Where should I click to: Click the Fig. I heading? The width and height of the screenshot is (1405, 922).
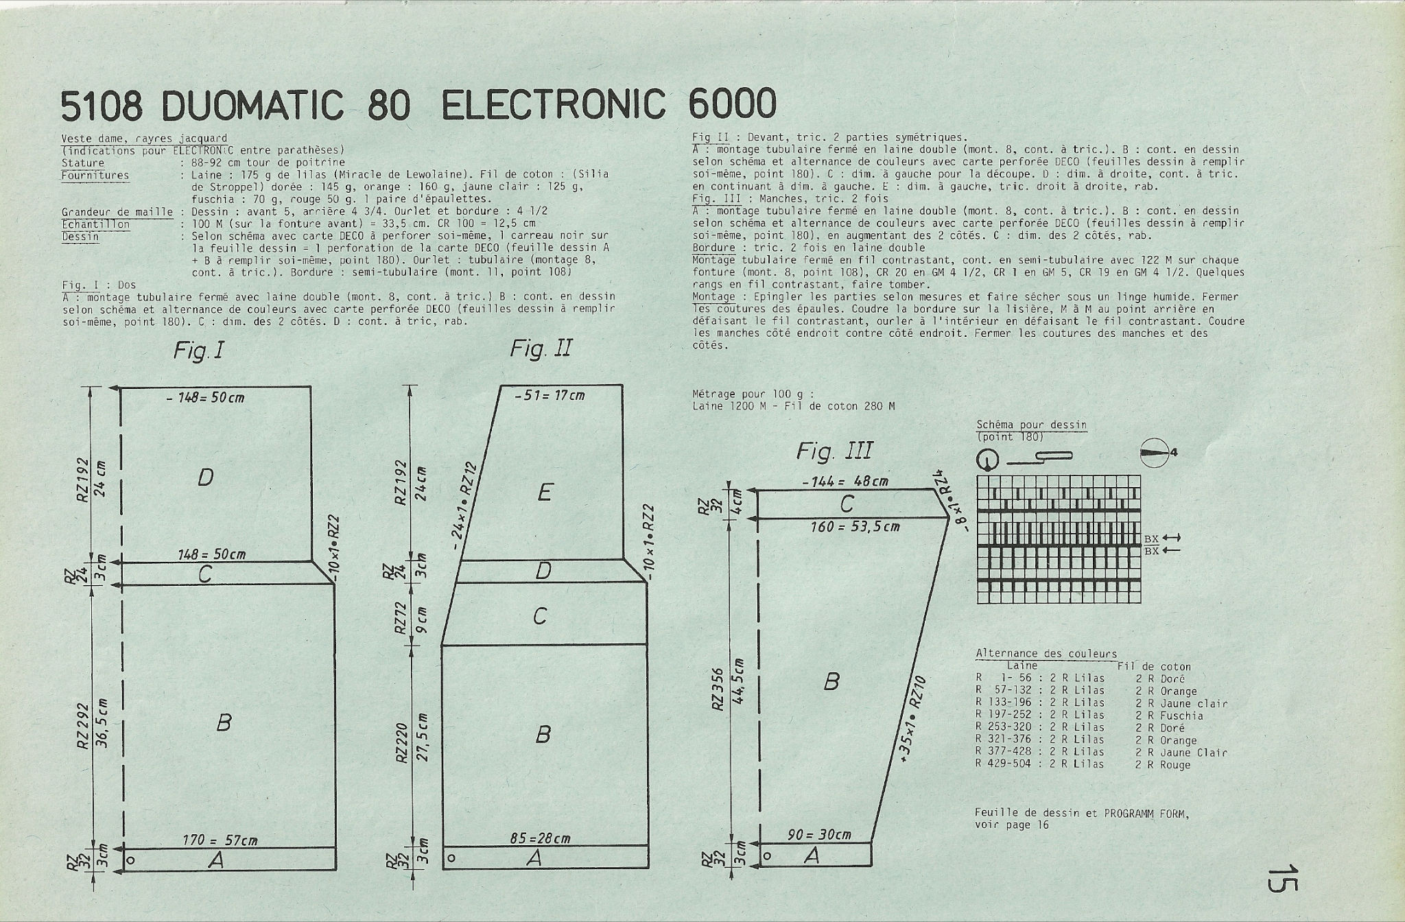[x=198, y=351]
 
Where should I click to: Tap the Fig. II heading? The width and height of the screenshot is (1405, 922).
[x=541, y=349]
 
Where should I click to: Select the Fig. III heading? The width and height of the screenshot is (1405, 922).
[x=834, y=451]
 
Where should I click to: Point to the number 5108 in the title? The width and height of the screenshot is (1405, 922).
[x=102, y=106]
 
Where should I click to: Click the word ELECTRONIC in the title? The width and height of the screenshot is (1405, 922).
[x=552, y=105]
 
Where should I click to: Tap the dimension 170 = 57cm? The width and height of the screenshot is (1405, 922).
[x=220, y=840]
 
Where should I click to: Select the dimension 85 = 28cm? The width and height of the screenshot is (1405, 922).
[x=541, y=838]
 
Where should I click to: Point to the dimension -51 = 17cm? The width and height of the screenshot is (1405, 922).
[x=550, y=395]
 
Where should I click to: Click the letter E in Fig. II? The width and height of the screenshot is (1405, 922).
[x=545, y=492]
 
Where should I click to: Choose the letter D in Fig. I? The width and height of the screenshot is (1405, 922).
[x=205, y=477]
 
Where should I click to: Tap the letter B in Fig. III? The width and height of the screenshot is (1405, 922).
[x=831, y=681]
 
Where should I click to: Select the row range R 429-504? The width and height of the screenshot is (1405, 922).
[x=1003, y=764]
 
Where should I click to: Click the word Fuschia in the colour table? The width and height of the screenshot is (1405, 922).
[x=1181, y=716]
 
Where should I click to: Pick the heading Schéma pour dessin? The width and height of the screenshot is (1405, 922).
[x=1031, y=425]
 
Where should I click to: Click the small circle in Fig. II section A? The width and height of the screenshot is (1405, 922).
[x=451, y=858]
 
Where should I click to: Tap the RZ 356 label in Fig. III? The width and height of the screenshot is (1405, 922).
[x=718, y=689]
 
